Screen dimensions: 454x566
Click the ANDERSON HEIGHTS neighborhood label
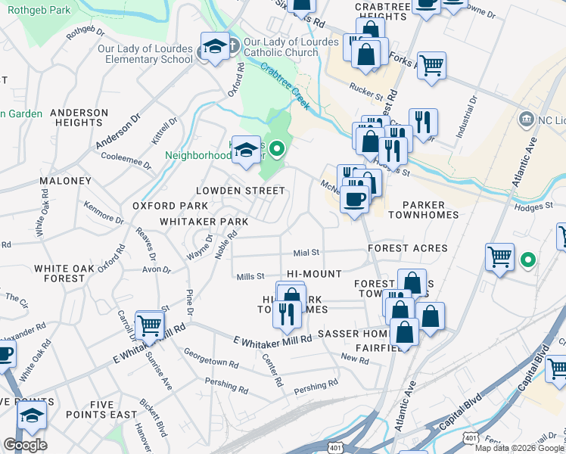(79, 117)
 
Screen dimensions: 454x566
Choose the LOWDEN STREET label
(234, 191)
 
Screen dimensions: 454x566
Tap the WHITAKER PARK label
(204, 222)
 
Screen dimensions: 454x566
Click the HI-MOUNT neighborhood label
(315, 274)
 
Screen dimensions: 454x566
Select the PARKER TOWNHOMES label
(421, 210)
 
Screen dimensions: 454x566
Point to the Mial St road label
(306, 253)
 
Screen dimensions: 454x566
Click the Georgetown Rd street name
(211, 357)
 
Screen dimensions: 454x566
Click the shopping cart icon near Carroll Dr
(150, 325)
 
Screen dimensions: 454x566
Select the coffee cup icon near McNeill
(353, 199)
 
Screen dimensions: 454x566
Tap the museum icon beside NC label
(526, 119)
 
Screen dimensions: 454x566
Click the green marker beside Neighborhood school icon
(278, 150)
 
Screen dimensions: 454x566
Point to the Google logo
(25, 446)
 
